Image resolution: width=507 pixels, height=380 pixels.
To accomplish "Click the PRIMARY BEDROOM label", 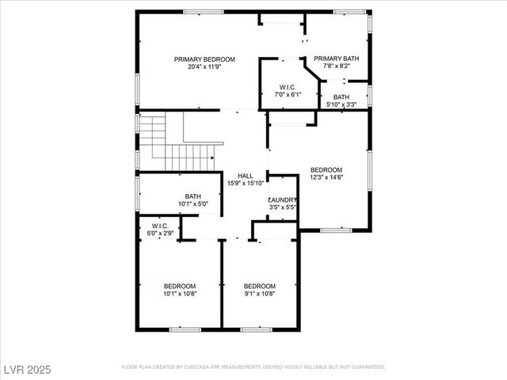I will tap(205, 59).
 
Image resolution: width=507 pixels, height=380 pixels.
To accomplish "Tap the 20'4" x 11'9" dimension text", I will tap(205, 67).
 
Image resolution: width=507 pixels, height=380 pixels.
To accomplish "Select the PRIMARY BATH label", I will tap(336, 59).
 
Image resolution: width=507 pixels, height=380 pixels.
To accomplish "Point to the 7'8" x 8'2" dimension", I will tap(336, 66).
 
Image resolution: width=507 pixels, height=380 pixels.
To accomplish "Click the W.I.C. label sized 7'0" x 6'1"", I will tap(287, 87).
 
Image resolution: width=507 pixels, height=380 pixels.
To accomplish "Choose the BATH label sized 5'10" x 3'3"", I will tap(341, 97).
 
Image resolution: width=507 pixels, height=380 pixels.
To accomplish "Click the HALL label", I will tap(246, 175).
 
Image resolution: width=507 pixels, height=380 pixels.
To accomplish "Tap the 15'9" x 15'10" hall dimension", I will tap(246, 183).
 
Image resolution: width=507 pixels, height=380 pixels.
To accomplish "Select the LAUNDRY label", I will tap(283, 200).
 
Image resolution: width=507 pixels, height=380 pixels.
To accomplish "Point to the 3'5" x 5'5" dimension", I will tap(283, 208).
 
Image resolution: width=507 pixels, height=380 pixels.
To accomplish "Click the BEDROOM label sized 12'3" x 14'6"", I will tap(326, 170).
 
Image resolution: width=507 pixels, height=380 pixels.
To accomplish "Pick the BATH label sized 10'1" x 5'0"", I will tap(193, 196).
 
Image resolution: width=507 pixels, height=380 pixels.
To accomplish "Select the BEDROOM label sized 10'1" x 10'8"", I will tap(180, 286).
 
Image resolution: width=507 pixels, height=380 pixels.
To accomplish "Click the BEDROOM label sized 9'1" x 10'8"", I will tap(259, 286).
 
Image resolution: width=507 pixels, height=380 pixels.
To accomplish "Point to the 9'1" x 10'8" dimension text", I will tap(259, 294).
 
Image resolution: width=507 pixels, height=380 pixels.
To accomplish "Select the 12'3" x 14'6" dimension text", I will tap(326, 178).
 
